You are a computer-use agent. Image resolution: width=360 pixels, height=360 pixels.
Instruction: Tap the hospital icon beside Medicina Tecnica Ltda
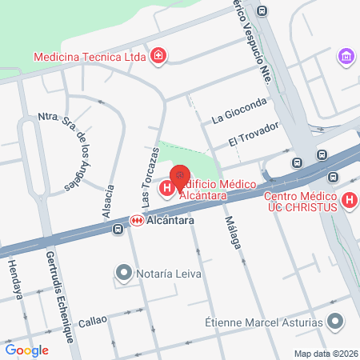coord(159,55)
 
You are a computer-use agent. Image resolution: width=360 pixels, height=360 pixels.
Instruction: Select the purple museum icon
coord(346,56)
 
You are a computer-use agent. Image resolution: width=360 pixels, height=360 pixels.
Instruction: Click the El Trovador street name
coord(253,134)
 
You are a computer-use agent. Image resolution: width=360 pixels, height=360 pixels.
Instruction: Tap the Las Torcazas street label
coord(150,171)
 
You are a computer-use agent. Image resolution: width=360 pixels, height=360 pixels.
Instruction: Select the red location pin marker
coord(182,174)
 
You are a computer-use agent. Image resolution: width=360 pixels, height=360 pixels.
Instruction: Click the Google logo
coord(26,350)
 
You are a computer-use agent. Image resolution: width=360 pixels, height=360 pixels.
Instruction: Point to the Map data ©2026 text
coord(325,354)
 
